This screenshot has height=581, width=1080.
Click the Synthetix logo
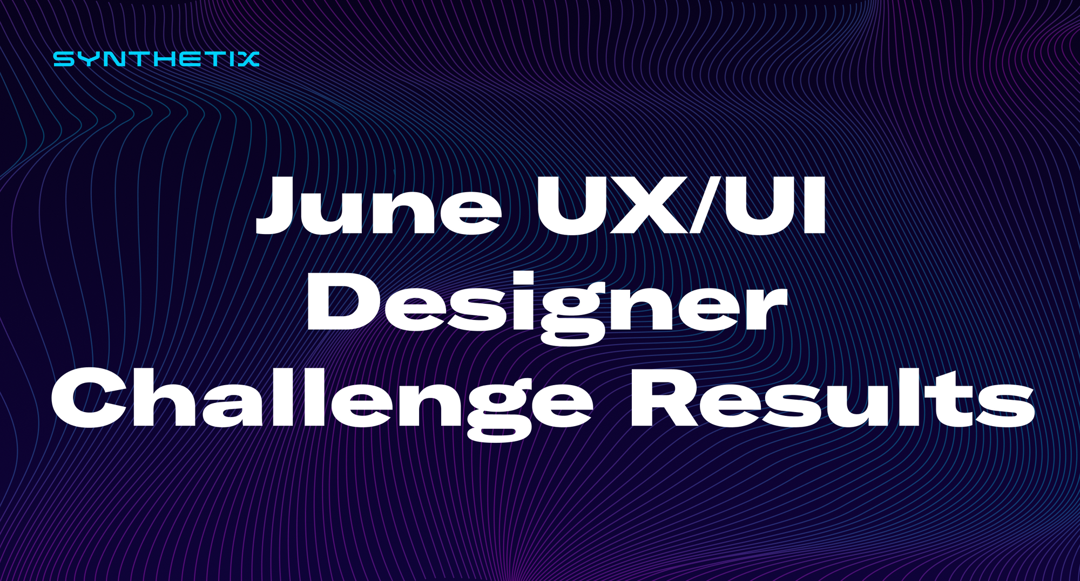pyautogui.click(x=156, y=59)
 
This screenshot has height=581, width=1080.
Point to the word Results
pyautogui.click(x=832, y=399)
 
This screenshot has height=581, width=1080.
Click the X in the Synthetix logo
pyautogui.click(x=248, y=59)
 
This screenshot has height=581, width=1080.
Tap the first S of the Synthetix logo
pyautogui.click(x=64, y=59)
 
